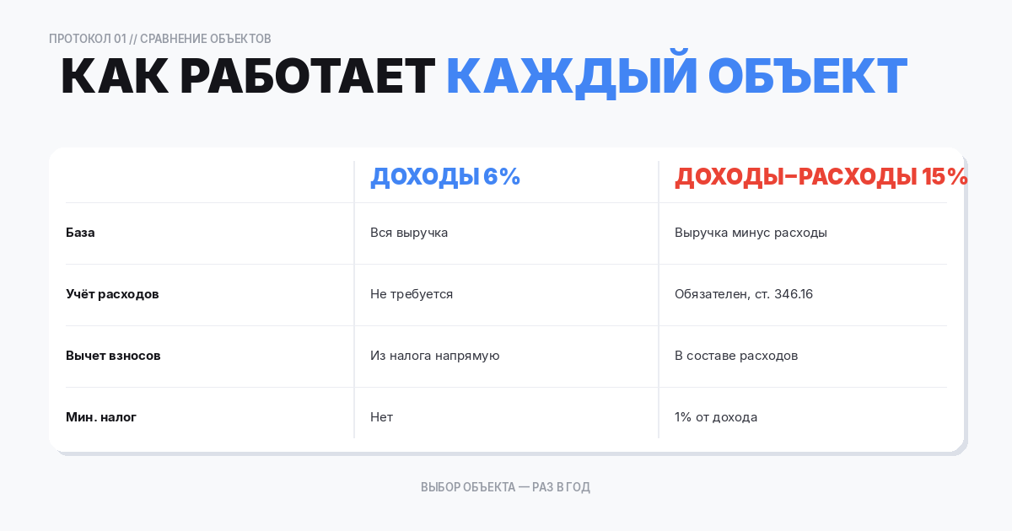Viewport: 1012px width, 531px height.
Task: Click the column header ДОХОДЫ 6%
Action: click(x=445, y=177)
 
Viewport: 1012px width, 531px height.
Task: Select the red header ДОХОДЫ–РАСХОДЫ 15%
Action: click(x=821, y=177)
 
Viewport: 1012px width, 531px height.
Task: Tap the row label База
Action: click(x=80, y=233)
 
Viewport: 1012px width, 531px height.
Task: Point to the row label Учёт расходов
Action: click(x=112, y=294)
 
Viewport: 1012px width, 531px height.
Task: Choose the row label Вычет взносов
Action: click(x=113, y=356)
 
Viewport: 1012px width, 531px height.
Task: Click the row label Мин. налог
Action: click(x=101, y=417)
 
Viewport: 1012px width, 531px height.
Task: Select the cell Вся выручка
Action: click(x=409, y=233)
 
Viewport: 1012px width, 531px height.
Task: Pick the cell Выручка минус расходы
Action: click(x=751, y=233)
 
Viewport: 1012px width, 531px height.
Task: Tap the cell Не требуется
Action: click(x=412, y=294)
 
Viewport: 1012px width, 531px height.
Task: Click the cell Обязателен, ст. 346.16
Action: click(x=744, y=294)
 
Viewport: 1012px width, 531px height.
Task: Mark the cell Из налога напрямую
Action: click(x=435, y=356)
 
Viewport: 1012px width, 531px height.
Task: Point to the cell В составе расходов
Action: click(x=736, y=356)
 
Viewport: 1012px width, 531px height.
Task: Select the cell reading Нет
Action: click(x=381, y=417)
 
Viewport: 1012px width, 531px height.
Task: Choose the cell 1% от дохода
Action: click(x=716, y=417)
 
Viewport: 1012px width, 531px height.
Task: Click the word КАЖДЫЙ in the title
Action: click(x=572, y=77)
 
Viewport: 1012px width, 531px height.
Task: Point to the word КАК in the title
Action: click(x=113, y=77)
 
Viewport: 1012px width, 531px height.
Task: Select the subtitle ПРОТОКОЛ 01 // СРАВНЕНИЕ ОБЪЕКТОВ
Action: click(x=160, y=39)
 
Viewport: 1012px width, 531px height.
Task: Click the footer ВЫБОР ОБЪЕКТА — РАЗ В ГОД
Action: click(x=505, y=487)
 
